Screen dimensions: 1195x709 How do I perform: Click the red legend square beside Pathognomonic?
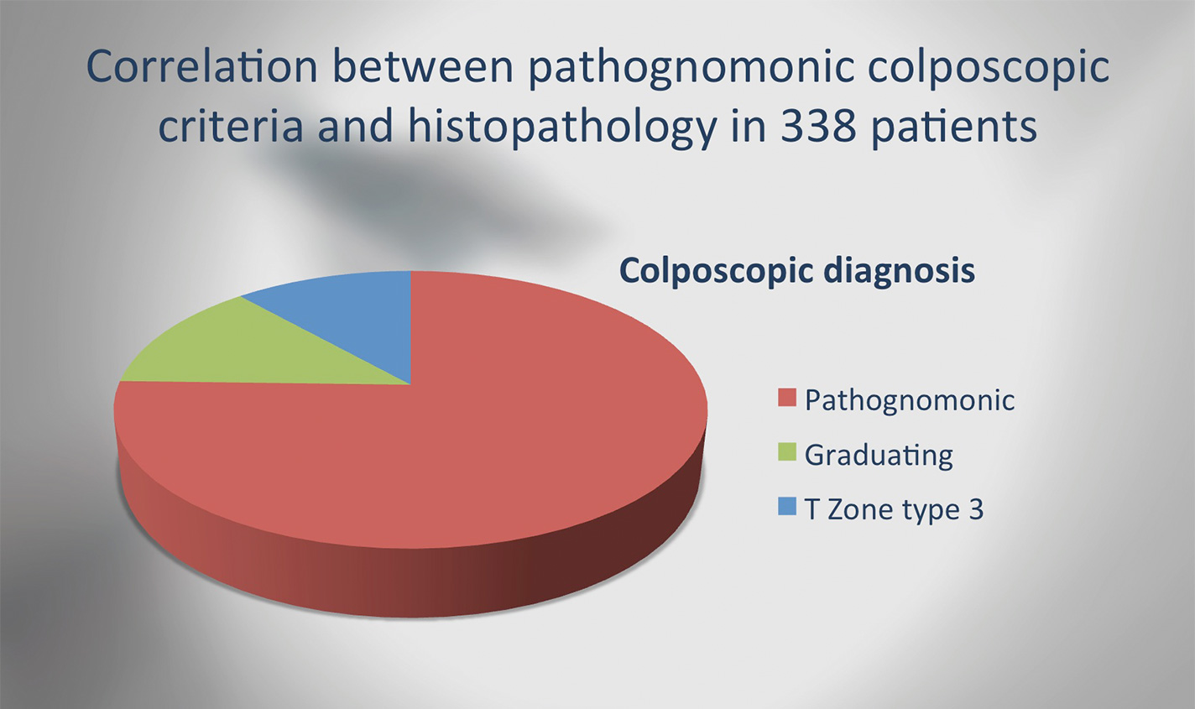(x=787, y=398)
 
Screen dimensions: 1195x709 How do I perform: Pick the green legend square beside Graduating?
(x=787, y=452)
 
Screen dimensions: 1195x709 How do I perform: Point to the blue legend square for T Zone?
(x=787, y=506)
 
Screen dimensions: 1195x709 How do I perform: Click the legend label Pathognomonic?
(x=910, y=400)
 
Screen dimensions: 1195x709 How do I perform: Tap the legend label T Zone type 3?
(x=894, y=509)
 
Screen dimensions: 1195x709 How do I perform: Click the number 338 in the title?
(x=818, y=126)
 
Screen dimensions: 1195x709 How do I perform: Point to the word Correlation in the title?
(x=202, y=66)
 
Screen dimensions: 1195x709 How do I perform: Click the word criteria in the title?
(x=231, y=126)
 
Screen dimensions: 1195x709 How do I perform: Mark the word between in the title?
(x=424, y=66)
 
